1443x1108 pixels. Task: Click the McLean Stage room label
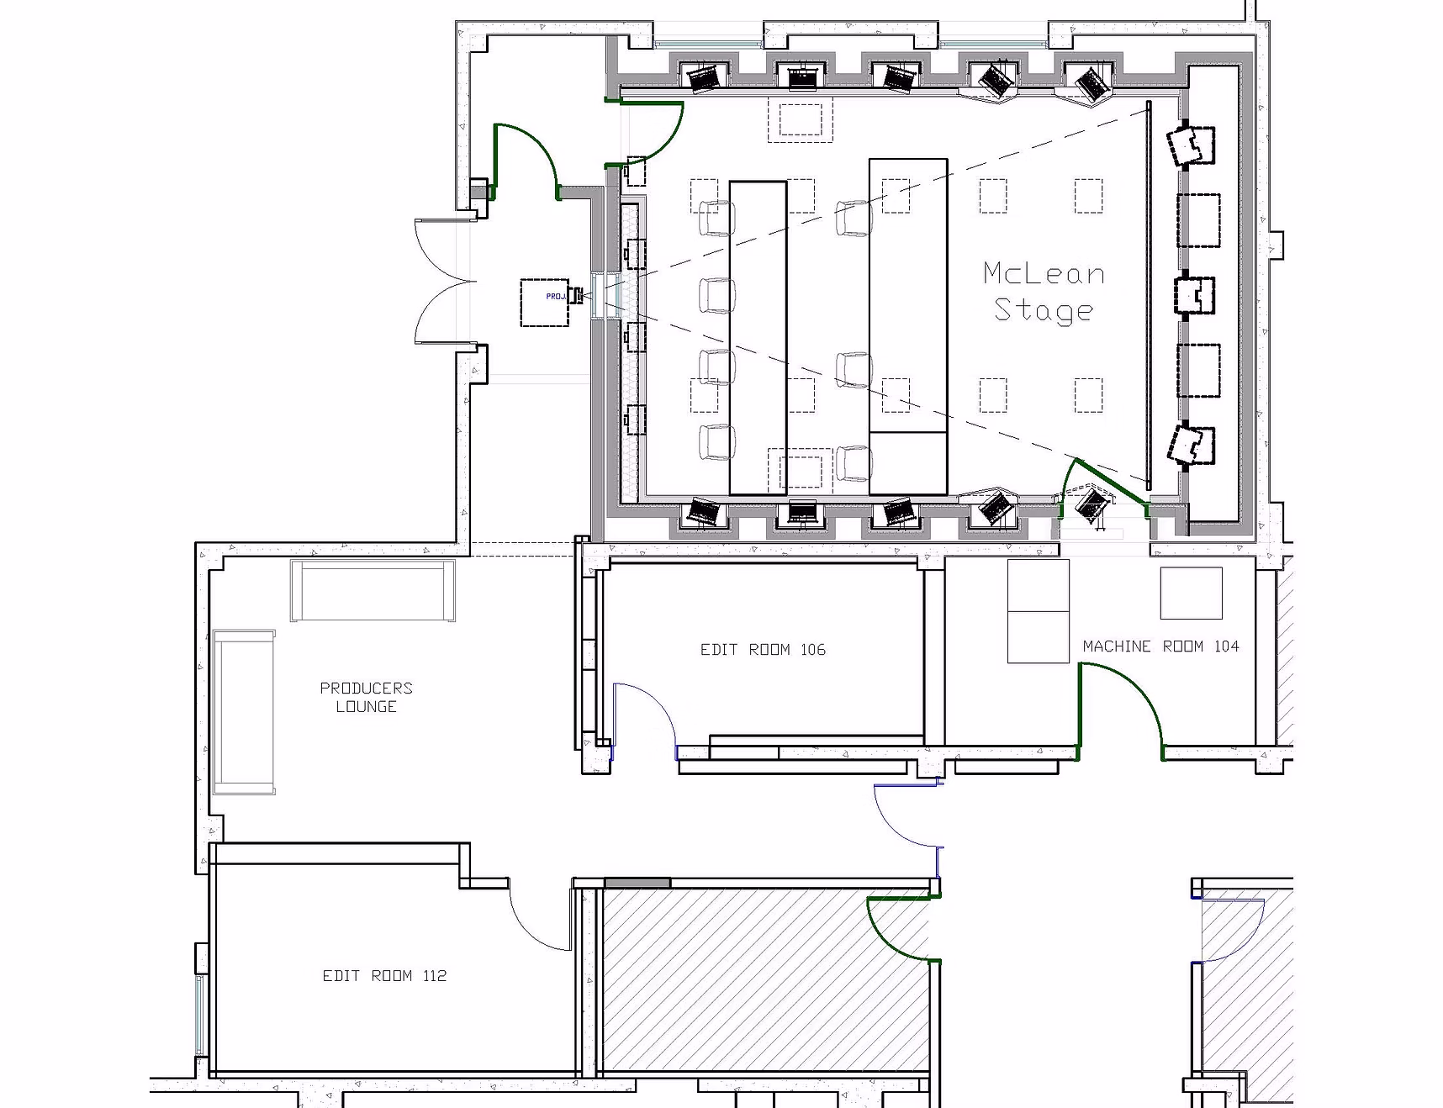1044,293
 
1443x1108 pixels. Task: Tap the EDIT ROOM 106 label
763,650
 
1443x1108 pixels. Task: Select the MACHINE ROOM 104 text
1160,646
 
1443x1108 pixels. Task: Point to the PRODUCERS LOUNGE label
367,697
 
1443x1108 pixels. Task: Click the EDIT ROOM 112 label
384,976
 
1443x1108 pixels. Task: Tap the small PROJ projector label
555,296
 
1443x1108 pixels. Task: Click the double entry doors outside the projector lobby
446,282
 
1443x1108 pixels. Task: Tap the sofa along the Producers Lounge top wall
373,590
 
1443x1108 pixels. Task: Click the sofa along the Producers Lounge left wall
244,712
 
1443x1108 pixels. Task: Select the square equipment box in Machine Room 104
1191,594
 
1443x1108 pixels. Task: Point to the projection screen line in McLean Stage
1149,294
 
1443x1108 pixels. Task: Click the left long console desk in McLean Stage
758,337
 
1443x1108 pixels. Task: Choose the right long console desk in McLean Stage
908,326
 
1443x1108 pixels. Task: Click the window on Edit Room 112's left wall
200,1015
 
